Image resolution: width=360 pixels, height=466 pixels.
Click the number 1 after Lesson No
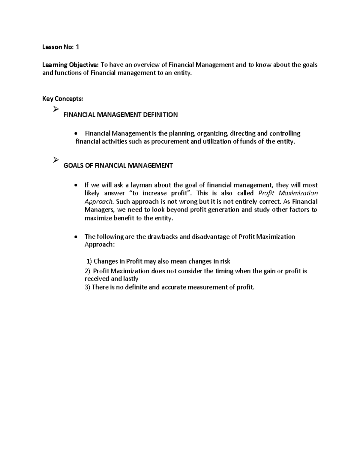(78, 47)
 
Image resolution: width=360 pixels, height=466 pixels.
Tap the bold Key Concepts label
(62, 99)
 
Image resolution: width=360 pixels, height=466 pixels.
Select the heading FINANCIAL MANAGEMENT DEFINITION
(121, 115)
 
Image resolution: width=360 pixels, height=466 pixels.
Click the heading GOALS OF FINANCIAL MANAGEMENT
(118, 165)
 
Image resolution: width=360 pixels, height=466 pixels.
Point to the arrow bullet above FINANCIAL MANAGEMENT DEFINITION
(55, 110)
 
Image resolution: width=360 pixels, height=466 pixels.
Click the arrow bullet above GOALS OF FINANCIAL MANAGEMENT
(55, 161)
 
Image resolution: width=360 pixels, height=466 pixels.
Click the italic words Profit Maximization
(288, 193)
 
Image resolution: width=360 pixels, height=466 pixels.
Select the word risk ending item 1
(225, 261)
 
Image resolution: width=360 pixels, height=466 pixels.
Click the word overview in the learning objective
(149, 65)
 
